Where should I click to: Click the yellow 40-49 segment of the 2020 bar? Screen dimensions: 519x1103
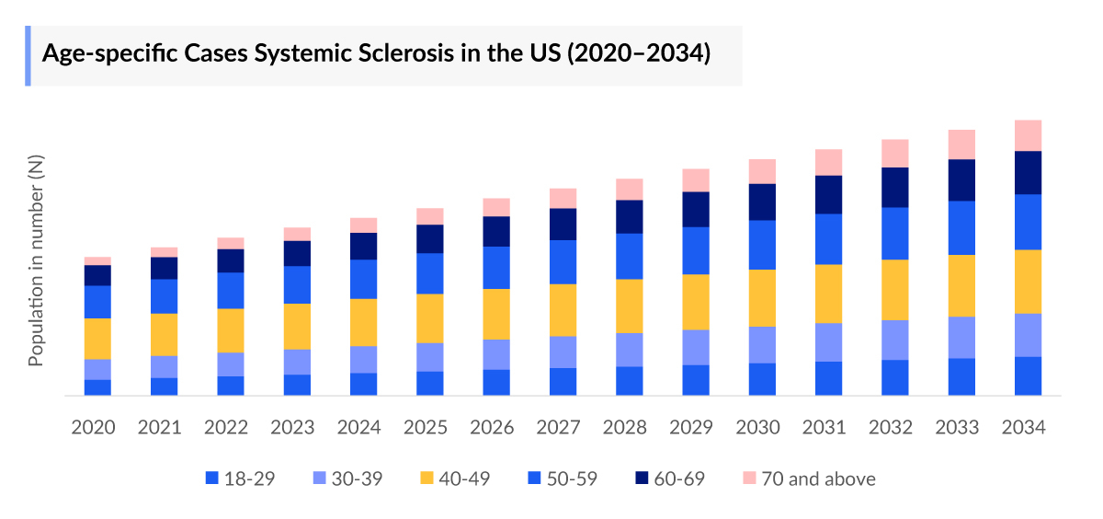click(x=97, y=339)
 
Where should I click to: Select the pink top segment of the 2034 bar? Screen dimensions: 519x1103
click(x=1028, y=135)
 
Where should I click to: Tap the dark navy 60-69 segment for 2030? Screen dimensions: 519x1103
click(x=762, y=202)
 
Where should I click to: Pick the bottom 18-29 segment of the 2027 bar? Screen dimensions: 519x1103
click(x=563, y=381)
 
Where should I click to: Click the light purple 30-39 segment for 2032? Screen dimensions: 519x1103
click(x=895, y=340)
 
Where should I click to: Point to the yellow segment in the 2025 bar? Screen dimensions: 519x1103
click(x=430, y=318)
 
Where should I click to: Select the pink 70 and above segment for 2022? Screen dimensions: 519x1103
click(x=231, y=243)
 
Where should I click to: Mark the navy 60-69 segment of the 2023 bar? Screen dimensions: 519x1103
click(x=297, y=253)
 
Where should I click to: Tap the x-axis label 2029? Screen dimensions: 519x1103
click(x=696, y=428)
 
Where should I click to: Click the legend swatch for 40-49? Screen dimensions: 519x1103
click(x=426, y=479)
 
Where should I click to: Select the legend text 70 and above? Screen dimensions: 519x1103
click(x=818, y=479)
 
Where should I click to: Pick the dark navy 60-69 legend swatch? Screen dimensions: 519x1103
click(x=642, y=479)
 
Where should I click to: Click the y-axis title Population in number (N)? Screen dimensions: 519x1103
click(x=36, y=260)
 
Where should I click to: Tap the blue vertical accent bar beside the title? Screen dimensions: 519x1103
click(x=28, y=56)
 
